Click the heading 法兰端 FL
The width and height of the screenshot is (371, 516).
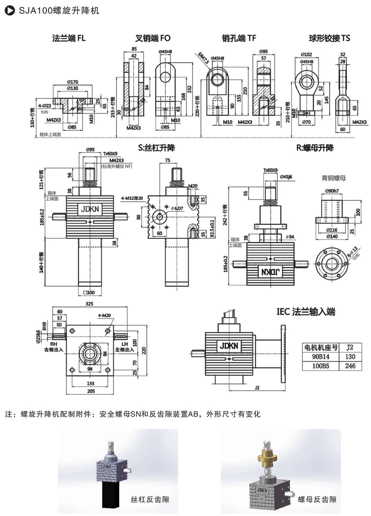coord(69,38)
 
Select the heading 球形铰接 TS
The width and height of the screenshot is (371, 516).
coord(329,38)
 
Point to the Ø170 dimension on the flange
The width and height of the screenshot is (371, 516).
coord(74,82)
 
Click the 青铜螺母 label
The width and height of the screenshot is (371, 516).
coord(333,178)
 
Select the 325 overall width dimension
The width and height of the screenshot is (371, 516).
coord(89,304)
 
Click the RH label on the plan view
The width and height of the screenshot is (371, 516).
coord(53,343)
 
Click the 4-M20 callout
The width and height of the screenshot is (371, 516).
coord(104,317)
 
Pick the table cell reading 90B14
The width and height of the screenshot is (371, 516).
coord(320,357)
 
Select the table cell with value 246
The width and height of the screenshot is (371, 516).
coord(350,366)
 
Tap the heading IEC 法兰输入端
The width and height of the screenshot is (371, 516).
coord(306,312)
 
